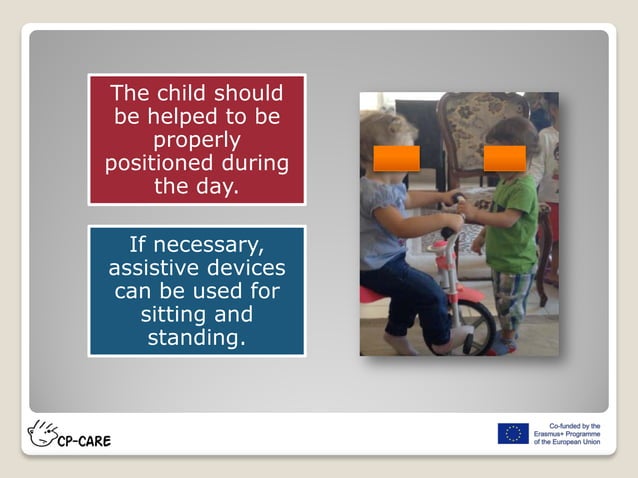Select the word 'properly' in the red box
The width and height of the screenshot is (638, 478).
tap(196, 140)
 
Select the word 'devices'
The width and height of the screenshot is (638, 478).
tap(246, 268)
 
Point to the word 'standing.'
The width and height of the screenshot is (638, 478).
tap(196, 337)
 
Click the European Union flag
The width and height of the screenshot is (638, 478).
tap(512, 434)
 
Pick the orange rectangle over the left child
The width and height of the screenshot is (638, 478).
tap(396, 158)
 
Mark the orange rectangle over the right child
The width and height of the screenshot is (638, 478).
tap(504, 158)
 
